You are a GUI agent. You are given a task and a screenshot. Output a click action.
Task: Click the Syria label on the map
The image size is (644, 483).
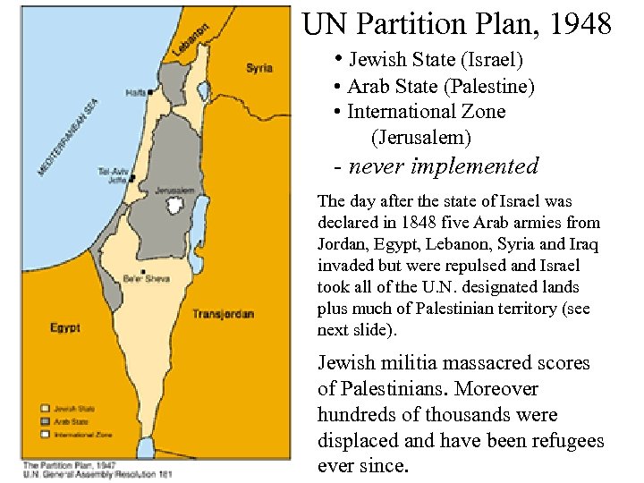(x=259, y=68)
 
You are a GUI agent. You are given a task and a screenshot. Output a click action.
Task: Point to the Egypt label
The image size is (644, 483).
(x=65, y=328)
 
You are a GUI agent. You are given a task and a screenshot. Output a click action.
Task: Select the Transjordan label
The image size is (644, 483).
(x=223, y=314)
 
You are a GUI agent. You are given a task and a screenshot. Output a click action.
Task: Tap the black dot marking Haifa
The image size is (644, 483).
(x=150, y=91)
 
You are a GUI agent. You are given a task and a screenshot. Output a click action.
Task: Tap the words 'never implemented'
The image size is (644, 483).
(x=444, y=165)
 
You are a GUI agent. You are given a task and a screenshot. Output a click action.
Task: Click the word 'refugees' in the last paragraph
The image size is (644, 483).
(x=567, y=441)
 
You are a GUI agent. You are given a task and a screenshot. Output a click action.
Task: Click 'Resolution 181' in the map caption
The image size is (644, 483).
(x=150, y=474)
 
